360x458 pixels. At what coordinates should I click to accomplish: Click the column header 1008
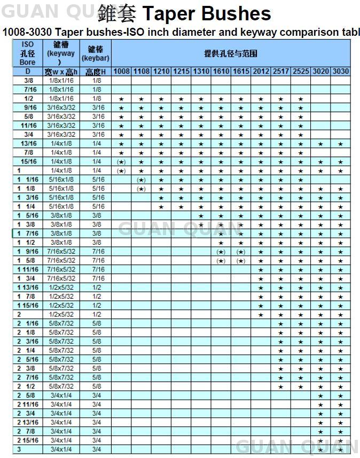tap(121, 72)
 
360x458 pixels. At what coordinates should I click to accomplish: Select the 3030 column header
tap(340, 72)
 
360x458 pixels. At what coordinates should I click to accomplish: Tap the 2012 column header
tap(261, 72)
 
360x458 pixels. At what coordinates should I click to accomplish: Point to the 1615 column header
tap(241, 72)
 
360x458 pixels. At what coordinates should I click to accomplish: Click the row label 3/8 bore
tap(28, 81)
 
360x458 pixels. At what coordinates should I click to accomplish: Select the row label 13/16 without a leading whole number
tap(28, 144)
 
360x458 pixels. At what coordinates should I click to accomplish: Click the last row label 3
tap(19, 449)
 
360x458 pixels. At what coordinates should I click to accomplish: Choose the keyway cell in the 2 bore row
tap(61, 314)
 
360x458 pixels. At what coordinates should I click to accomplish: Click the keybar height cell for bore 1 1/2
tap(97, 243)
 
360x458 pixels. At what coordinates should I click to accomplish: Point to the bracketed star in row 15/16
tap(121, 162)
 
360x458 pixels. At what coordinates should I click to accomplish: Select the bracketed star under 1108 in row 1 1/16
tap(141, 180)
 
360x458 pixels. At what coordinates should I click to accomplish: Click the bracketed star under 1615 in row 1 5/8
tap(241, 261)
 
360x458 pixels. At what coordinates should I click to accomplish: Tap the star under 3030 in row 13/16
tap(340, 144)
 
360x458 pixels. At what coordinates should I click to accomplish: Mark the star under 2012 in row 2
tap(261, 314)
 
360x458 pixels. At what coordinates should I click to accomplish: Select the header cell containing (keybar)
tap(96, 53)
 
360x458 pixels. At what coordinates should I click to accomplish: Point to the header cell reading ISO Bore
tap(28, 53)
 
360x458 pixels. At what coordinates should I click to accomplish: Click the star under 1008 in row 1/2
tap(121, 99)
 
